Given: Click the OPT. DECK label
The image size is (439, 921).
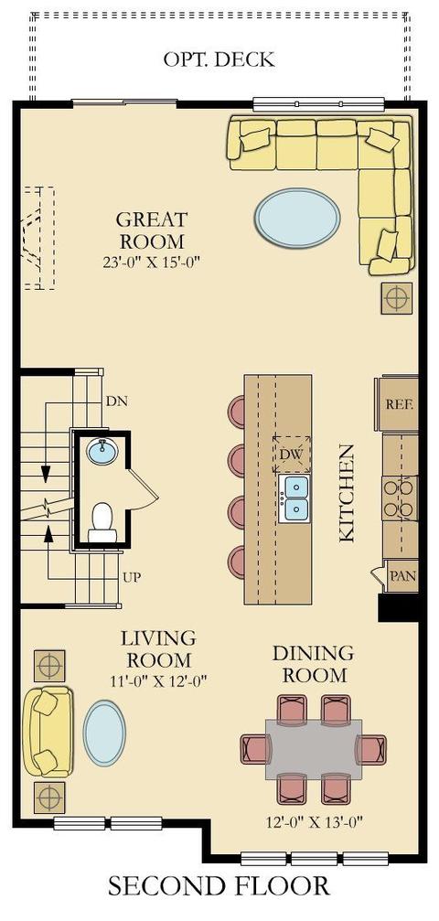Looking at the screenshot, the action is (219, 59).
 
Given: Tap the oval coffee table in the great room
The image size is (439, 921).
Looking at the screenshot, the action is (297, 218).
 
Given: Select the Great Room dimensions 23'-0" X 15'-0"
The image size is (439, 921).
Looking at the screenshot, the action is (152, 262).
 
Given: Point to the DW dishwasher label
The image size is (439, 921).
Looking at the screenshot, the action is (292, 454).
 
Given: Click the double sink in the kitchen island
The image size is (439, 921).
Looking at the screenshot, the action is (296, 498).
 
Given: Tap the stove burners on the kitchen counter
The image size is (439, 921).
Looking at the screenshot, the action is (401, 498).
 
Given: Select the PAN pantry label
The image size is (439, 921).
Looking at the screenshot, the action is (402, 575).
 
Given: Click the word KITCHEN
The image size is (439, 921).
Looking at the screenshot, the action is (347, 493).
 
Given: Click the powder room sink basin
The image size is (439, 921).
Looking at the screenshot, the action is (102, 452).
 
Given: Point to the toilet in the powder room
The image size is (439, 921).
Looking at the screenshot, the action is (102, 521).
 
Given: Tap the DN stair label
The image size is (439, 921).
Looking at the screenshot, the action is (117, 402).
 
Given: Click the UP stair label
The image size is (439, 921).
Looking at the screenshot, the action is (133, 577).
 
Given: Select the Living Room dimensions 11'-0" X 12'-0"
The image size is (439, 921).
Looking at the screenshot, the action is (158, 680).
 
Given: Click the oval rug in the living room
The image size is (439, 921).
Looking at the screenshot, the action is (104, 733).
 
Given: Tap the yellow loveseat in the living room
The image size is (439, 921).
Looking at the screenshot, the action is (48, 732).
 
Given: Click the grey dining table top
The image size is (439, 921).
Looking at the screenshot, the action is (313, 749).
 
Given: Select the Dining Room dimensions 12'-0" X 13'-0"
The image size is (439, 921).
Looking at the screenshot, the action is (313, 821).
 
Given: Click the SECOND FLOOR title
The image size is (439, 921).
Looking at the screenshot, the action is (219, 885).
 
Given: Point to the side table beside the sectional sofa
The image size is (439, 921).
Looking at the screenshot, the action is (397, 298).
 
